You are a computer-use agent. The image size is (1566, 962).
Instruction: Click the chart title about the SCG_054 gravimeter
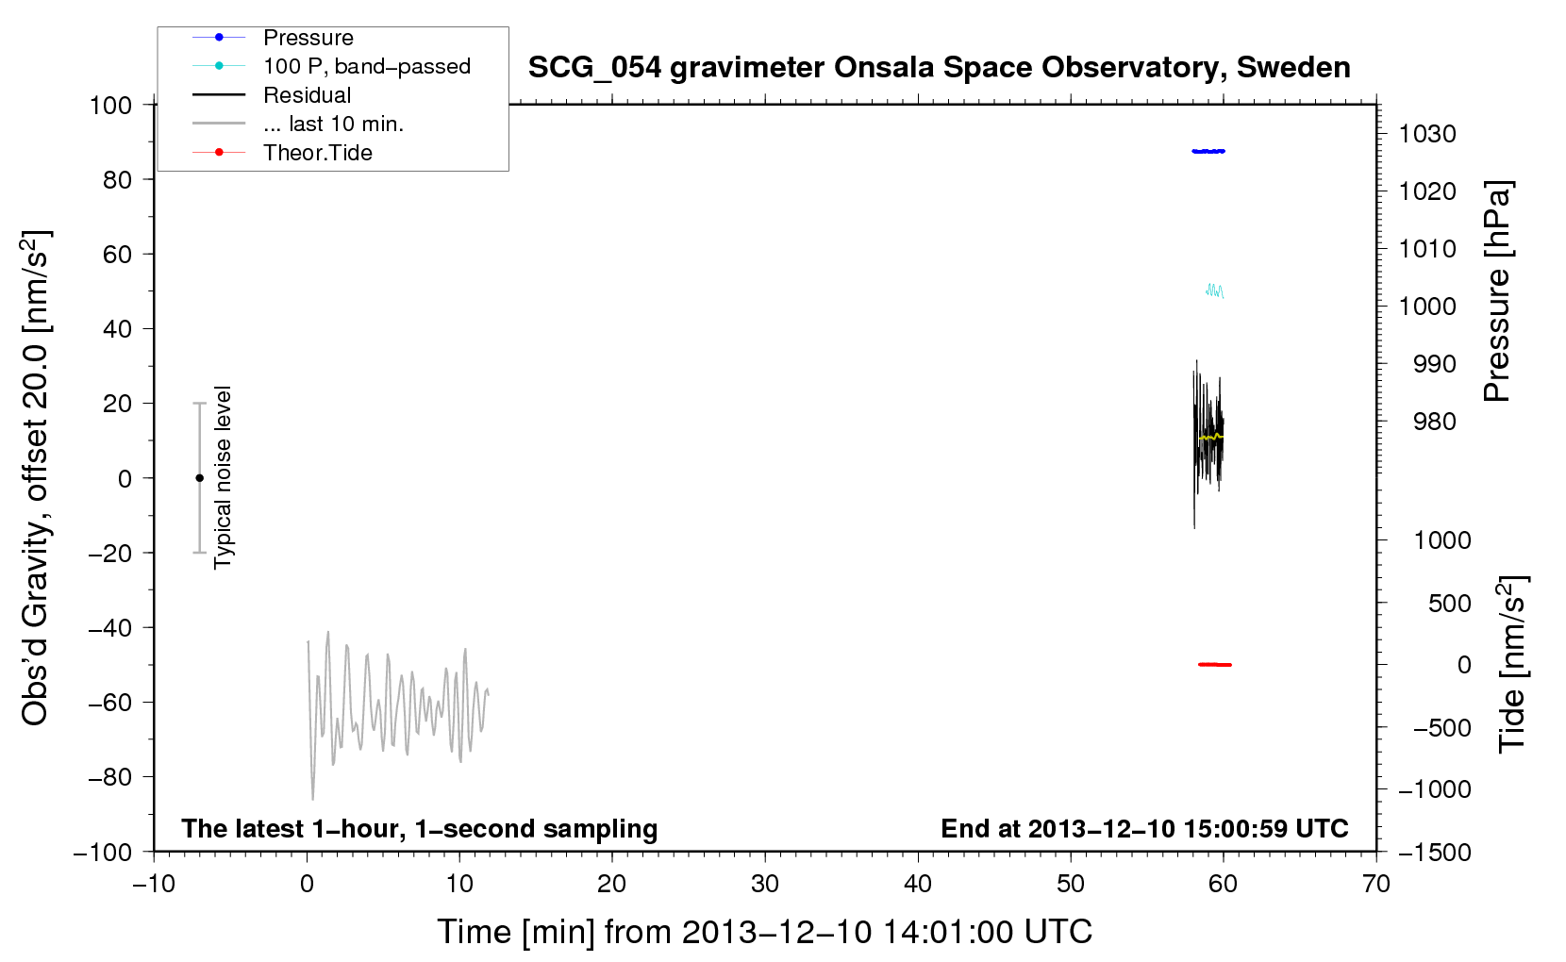coord(939,68)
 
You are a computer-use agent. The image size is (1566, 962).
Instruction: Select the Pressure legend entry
coord(308,37)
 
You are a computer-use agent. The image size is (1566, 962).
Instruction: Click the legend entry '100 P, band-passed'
coord(367,66)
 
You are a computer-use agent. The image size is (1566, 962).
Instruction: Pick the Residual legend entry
coord(307,95)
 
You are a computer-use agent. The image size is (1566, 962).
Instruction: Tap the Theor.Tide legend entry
coord(317,153)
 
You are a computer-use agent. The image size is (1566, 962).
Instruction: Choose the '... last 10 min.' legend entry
coord(333,124)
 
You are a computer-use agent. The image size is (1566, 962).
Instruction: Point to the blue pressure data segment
coord(1208,151)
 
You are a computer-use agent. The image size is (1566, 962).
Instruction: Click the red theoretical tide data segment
coord(1214,664)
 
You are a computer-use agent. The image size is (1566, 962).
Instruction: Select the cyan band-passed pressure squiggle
coord(1215,290)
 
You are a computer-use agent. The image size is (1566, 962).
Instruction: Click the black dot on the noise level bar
coord(199,478)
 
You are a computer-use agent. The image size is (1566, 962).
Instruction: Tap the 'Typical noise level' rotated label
coord(223,477)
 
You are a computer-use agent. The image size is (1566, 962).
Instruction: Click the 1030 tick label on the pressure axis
coord(1427,134)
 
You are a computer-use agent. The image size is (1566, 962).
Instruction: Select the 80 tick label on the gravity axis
coord(117,180)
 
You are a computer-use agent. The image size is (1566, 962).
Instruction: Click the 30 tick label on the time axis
coord(765,884)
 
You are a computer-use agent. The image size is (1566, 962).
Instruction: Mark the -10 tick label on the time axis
coord(154,884)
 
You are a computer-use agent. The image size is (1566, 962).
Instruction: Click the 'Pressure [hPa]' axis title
coord(1497,291)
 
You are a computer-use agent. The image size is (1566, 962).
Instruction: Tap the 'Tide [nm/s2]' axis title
coord(1513,664)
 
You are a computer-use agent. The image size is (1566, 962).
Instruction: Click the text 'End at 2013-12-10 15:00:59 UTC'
coord(1144,828)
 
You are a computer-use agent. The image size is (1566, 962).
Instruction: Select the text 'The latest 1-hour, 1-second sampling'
coord(420,829)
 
